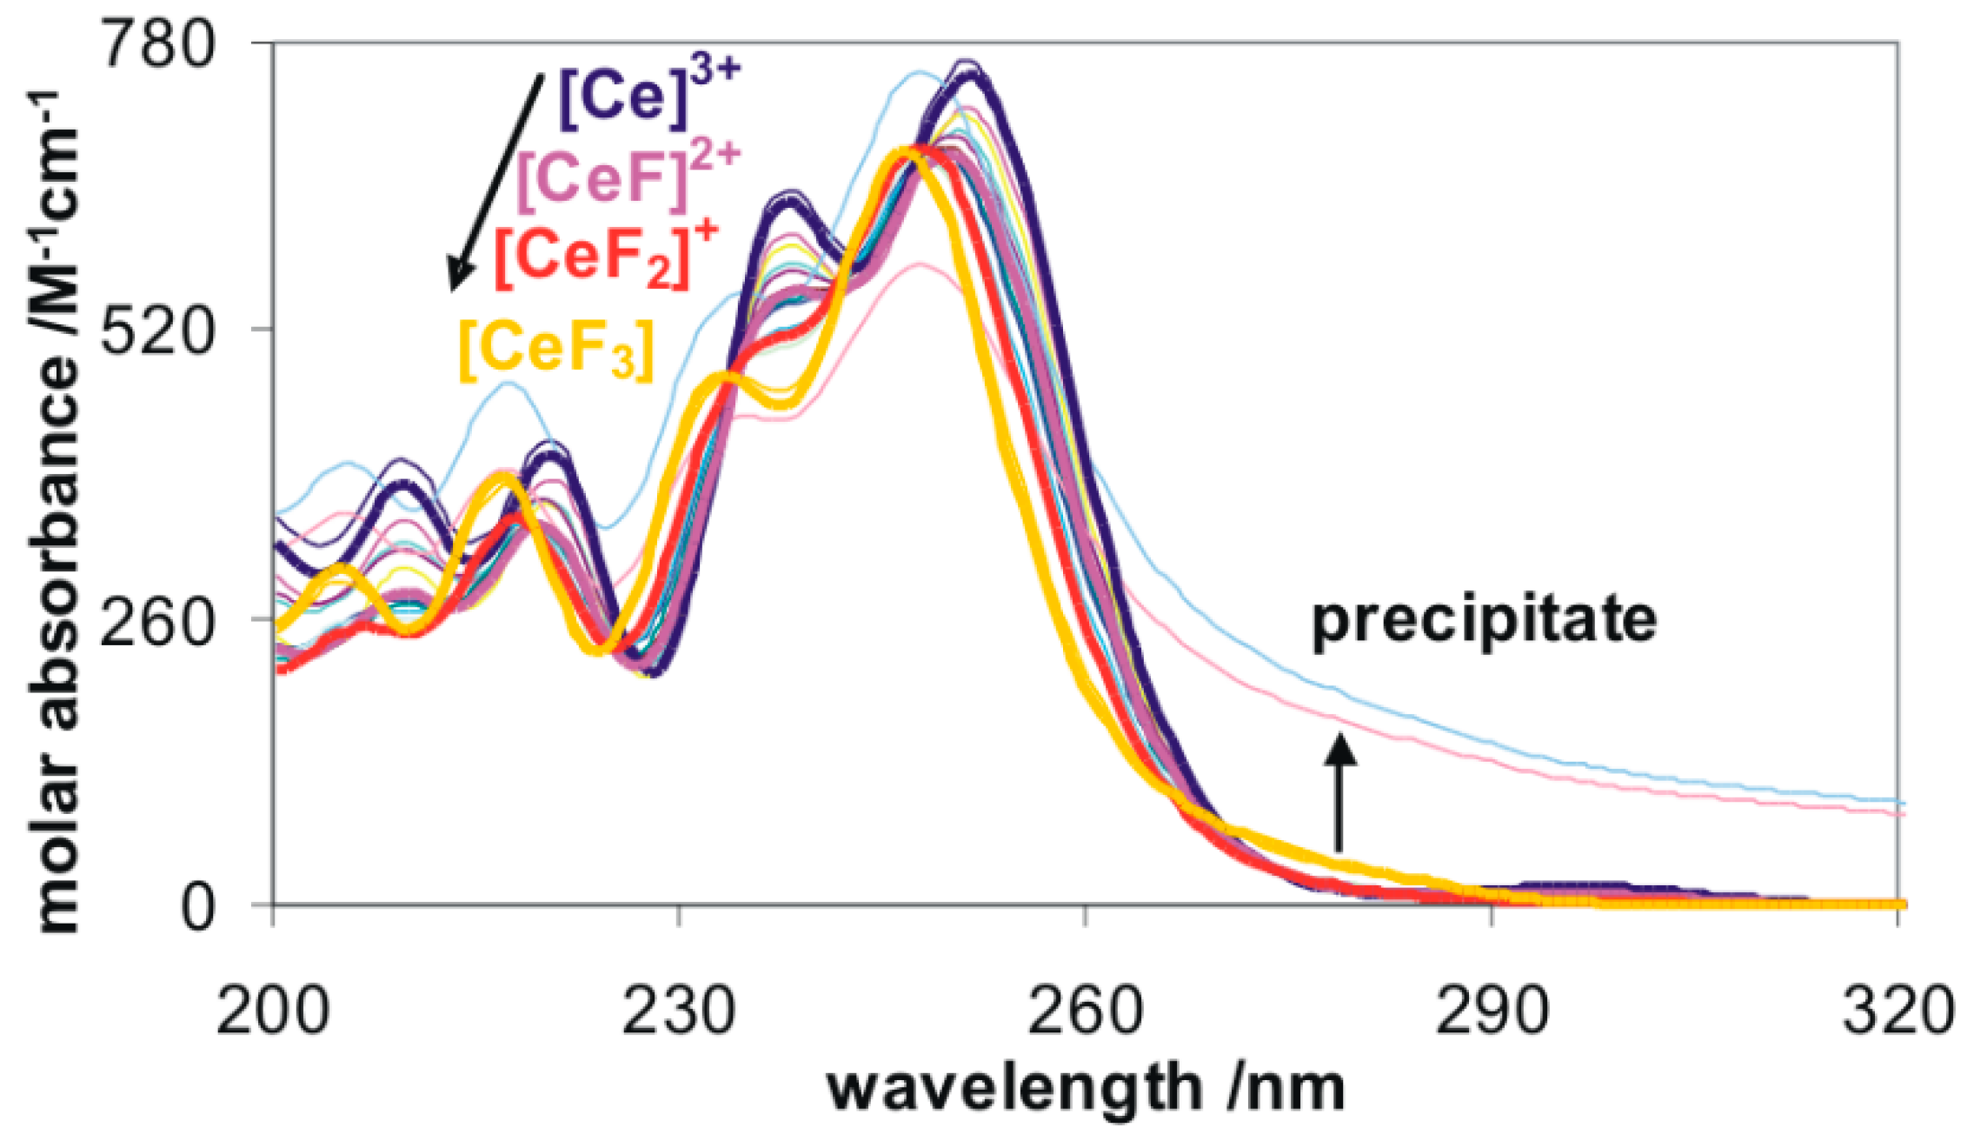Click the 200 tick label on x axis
(x=272, y=1011)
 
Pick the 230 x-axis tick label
(x=679, y=1011)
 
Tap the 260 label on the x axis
(x=1085, y=1011)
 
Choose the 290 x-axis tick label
(x=1492, y=1011)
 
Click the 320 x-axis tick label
(x=1898, y=1011)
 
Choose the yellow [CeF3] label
(x=556, y=349)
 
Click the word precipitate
(x=1483, y=620)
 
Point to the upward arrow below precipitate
(x=1339, y=791)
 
